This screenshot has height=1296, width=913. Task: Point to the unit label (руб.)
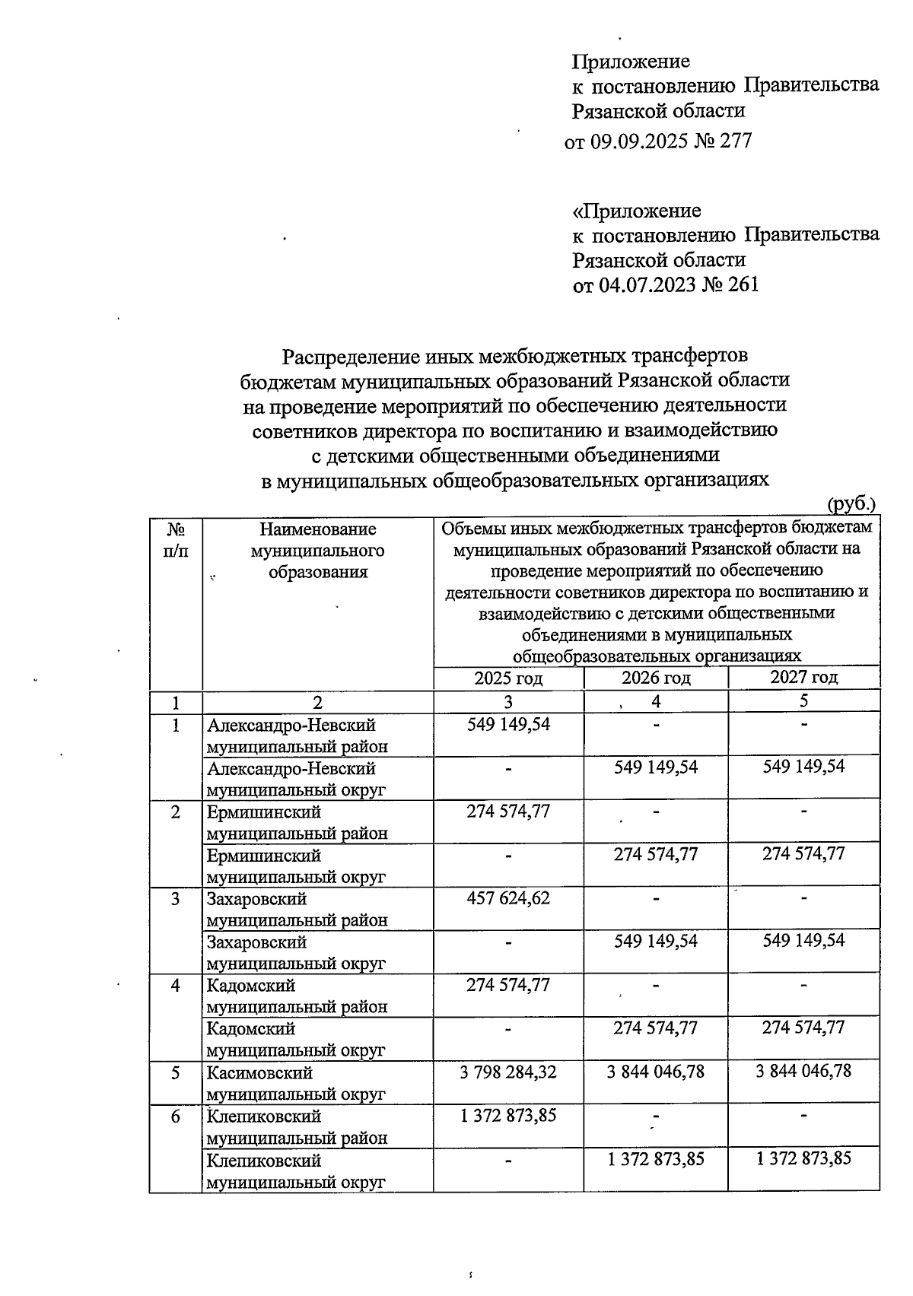[851, 503]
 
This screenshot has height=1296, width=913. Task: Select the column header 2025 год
[508, 678]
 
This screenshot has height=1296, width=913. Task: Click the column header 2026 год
[656, 678]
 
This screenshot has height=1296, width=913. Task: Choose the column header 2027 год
[803, 677]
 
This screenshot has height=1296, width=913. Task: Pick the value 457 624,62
[508, 898]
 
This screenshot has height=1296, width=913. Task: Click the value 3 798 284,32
[508, 1072]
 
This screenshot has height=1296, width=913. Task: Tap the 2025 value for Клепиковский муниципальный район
[508, 1116]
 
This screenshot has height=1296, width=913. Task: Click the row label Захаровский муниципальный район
[296, 910]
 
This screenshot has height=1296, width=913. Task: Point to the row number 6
[176, 1117]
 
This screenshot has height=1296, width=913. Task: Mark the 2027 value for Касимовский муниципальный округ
[803, 1072]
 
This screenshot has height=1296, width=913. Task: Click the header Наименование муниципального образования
[317, 550]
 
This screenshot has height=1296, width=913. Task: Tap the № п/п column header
[176, 539]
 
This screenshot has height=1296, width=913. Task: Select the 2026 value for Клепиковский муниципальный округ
[656, 1159]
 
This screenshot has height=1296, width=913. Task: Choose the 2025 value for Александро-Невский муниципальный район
[508, 724]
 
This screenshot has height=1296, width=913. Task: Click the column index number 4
[656, 701]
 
